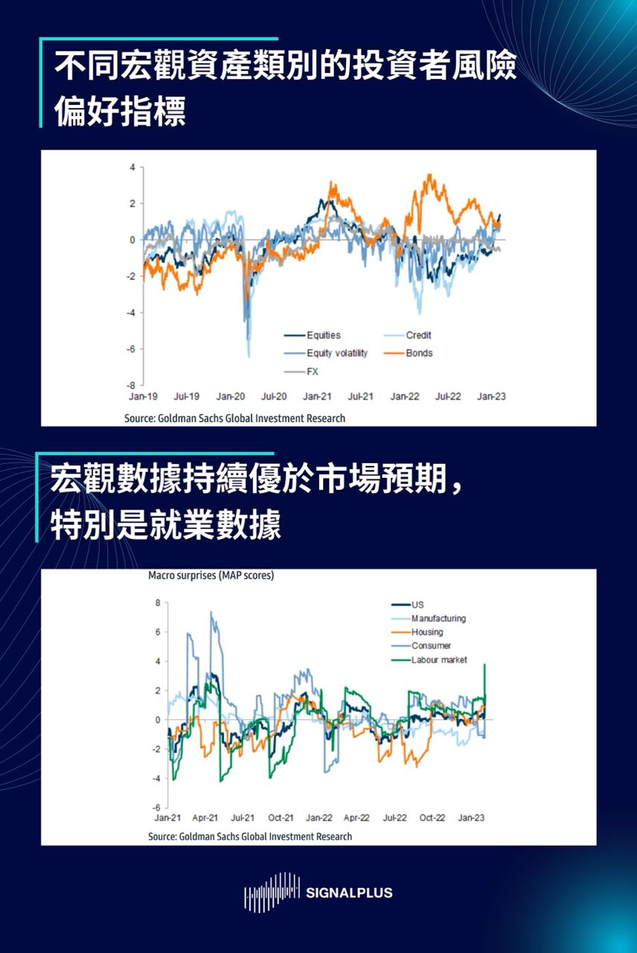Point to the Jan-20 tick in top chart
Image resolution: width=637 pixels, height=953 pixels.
tap(231, 397)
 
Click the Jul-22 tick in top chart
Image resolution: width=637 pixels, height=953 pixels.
tap(448, 397)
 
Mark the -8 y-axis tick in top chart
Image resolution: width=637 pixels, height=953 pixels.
tap(132, 385)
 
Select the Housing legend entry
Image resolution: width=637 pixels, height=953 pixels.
tap(427, 632)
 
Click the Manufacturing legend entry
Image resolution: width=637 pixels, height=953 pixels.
tap(438, 618)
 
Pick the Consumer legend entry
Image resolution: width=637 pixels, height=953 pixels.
tap(431, 646)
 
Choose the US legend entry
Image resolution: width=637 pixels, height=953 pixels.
tap(417, 605)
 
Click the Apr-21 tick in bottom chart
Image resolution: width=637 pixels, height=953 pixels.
tap(205, 817)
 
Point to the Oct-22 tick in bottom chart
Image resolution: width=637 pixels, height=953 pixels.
tap(432, 817)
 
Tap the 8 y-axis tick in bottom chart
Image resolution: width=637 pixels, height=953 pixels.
tap(158, 602)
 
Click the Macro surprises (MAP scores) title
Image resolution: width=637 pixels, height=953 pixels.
tap(211, 576)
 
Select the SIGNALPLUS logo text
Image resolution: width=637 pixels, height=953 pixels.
tap(349, 893)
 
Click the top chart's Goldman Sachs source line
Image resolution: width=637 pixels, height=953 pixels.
tap(234, 418)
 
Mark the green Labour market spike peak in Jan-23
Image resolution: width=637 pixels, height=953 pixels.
tap(485, 664)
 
